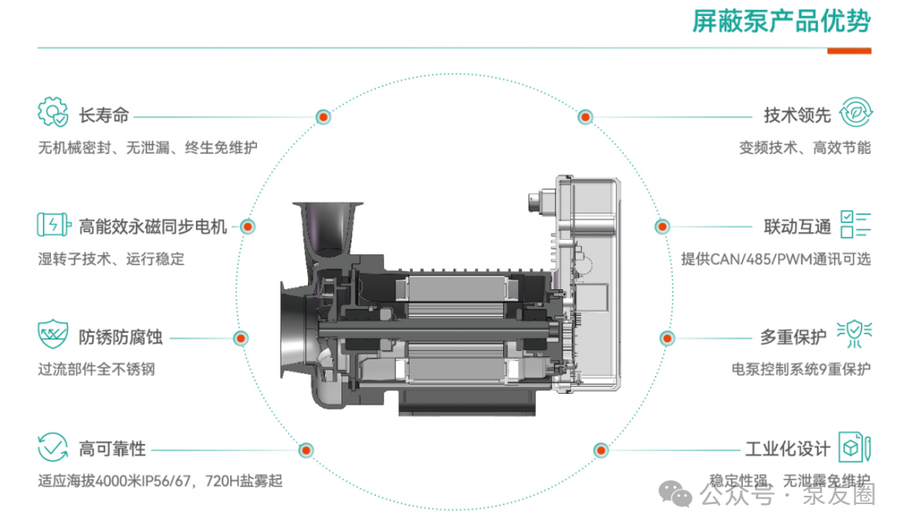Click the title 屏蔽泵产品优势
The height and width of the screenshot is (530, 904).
click(781, 21)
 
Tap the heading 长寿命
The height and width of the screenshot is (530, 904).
click(100, 116)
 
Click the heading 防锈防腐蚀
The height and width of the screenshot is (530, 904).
click(121, 338)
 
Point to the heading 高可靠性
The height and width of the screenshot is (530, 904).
click(112, 449)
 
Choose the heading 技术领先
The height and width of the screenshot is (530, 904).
click(797, 116)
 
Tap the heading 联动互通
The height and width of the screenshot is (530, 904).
click(797, 227)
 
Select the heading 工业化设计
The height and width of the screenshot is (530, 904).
click(787, 449)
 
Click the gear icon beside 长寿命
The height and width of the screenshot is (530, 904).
click(53, 112)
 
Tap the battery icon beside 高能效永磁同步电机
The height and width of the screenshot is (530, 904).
click(53, 225)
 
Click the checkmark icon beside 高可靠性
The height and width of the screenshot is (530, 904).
click(53, 446)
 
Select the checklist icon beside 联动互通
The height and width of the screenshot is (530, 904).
click(856, 225)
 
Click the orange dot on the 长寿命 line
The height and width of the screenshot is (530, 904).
click(323, 117)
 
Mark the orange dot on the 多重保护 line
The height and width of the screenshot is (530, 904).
click(666, 339)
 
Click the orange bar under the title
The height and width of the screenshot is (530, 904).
click(849, 51)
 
